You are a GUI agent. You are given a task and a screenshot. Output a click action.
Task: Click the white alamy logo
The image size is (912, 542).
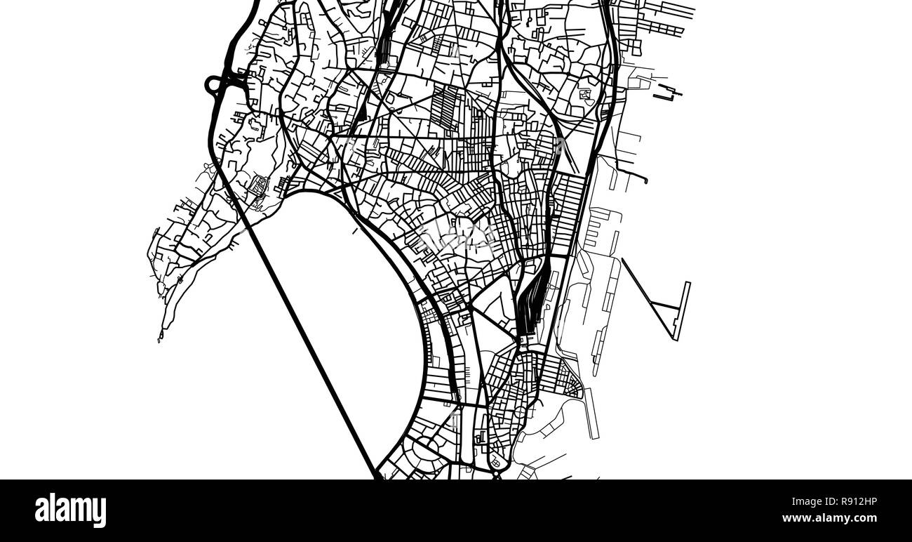pyautogui.click(x=70, y=510)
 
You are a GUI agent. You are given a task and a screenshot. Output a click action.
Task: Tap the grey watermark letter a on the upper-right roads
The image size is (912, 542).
pyautogui.click(x=560, y=145)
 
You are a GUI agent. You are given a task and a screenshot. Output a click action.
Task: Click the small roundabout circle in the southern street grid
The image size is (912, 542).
pyautogui.click(x=496, y=461)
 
